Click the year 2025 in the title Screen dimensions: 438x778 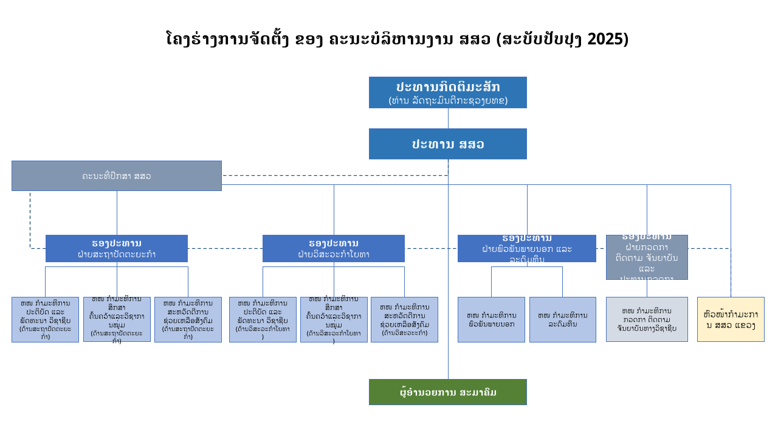pos(608,39)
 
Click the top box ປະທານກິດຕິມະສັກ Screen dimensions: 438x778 pos(447,92)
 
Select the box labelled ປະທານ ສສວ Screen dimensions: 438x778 pos(447,144)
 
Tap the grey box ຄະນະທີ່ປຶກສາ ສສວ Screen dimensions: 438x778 pos(117,176)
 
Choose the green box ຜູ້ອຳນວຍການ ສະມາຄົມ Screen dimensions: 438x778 pos(447,392)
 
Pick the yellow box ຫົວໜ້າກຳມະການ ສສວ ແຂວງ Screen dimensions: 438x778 pos(731,319)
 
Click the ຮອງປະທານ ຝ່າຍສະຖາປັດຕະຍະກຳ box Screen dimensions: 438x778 pos(117,249)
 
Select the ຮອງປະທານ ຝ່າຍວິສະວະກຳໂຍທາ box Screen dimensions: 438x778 pos(334,249)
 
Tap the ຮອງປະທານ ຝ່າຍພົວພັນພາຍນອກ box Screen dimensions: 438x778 pos(527,249)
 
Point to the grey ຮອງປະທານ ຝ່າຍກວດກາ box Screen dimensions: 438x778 pos(647,257)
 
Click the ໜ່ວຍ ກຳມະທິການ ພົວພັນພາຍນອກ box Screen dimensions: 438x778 pos(491,320)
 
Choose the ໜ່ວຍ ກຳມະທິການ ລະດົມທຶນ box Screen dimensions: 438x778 pos(562,320)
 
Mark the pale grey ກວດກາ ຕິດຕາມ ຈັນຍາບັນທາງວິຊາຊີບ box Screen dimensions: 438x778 pos(647,319)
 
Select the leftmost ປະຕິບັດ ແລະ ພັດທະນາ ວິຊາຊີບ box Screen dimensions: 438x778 pos(45,320)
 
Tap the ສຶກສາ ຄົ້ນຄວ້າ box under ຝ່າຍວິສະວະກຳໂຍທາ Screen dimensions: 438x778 pos(334,320)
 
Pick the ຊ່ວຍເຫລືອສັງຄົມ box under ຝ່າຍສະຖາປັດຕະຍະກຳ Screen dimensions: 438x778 pos(188,320)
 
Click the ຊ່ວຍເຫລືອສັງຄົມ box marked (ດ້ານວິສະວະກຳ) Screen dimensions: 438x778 pos(404,320)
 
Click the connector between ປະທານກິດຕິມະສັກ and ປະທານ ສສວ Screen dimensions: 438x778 pos(448,118)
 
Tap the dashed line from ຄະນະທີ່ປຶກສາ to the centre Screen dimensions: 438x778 pos(334,176)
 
